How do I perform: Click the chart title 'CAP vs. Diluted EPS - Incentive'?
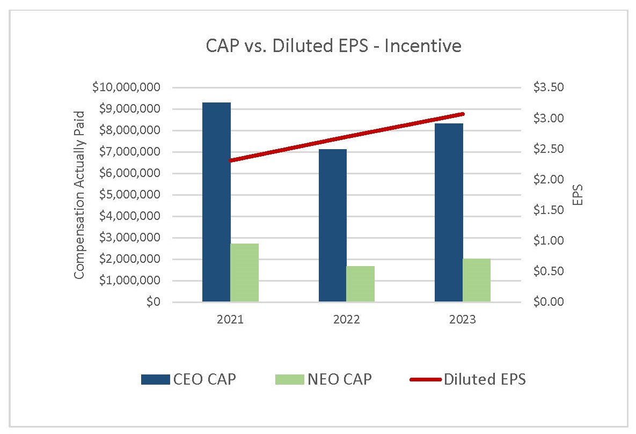[333, 46]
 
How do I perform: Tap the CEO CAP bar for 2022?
[332, 225]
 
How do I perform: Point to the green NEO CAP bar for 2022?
[360, 284]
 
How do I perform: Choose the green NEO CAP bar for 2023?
[477, 280]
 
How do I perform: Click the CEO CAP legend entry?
[188, 379]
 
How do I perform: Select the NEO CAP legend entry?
[323, 379]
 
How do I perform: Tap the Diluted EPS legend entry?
[467, 379]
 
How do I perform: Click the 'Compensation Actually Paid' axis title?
[79, 195]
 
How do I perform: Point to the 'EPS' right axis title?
[577, 195]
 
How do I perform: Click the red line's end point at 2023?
[463, 114]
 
